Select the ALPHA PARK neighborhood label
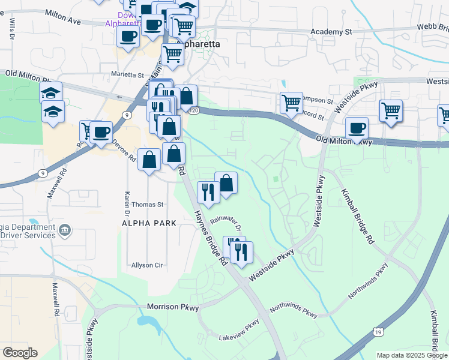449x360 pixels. [x=149, y=223]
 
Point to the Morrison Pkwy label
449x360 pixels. [x=173, y=307]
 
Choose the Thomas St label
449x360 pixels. [x=148, y=205]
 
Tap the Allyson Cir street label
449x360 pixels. [x=148, y=265]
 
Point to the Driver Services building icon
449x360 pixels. [x=65, y=229]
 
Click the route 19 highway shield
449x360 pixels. [x=377, y=331]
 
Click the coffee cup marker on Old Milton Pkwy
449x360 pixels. [x=357, y=128]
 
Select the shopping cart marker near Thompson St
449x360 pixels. [x=291, y=103]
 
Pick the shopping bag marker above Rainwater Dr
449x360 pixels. [x=226, y=183]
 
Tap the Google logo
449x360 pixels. [x=20, y=353]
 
